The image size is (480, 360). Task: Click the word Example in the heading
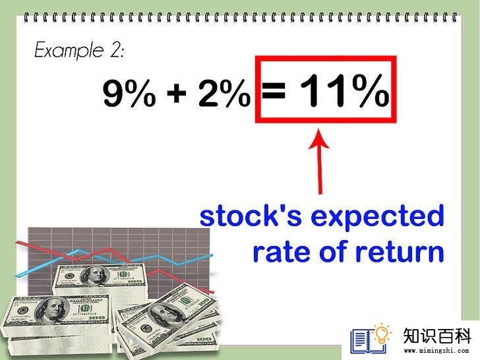point(69,49)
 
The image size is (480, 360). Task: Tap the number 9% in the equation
point(129,92)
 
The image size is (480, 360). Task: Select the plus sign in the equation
point(177,92)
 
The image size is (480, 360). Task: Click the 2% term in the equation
point(224,92)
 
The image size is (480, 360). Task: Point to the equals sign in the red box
point(274,90)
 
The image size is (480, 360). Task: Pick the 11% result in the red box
point(344,90)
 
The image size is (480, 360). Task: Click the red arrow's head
point(318,138)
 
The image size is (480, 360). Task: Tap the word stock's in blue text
point(251,216)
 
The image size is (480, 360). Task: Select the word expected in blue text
point(377,217)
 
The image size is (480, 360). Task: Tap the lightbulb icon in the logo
point(382,334)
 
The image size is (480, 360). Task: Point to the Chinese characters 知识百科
point(437,336)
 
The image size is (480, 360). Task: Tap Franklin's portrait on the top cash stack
point(94,275)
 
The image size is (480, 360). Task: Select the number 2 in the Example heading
point(116,49)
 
